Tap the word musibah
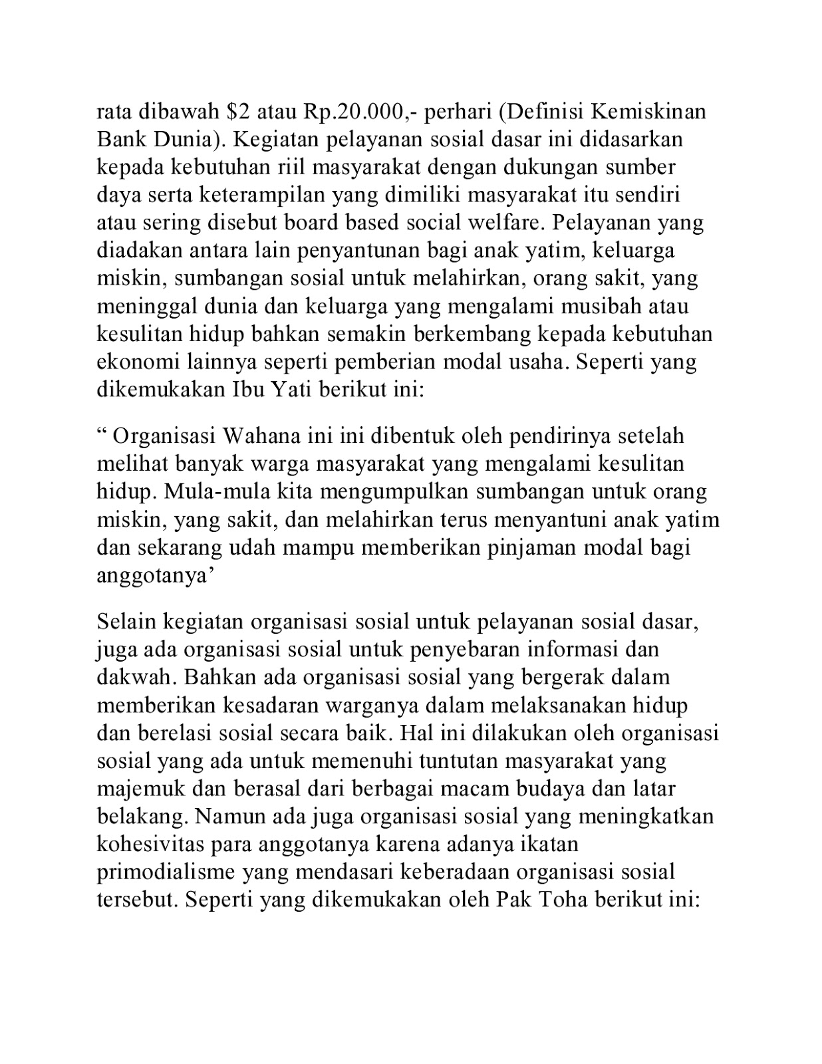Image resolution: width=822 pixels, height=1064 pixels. [612, 306]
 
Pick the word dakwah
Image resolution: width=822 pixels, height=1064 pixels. [135, 677]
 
